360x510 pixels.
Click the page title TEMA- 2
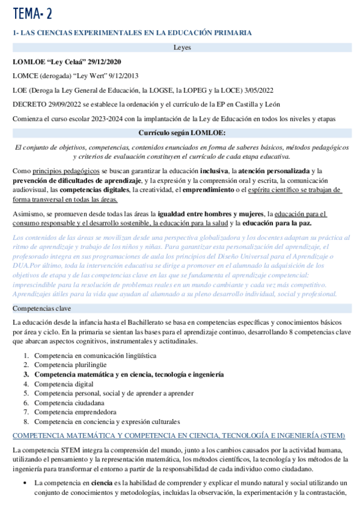pyautogui.click(x=32, y=13)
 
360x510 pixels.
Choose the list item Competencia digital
pyautogui.click(x=64, y=384)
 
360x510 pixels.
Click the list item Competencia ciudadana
pyautogui.click(x=68, y=403)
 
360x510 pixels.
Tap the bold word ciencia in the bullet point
pyautogui.click(x=102, y=483)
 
